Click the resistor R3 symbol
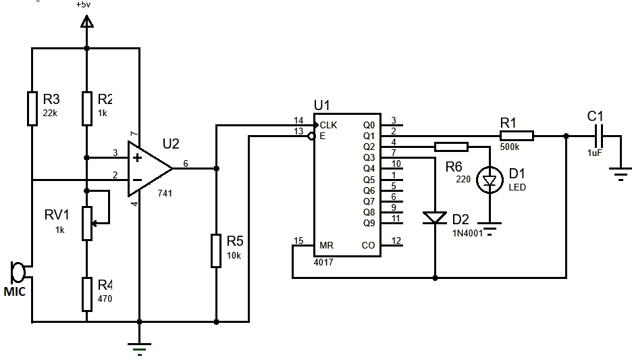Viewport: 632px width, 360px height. pyautogui.click(x=32, y=109)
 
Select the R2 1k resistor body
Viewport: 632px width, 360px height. pyautogui.click(x=86, y=109)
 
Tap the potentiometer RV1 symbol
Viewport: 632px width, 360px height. pyautogui.click(x=87, y=224)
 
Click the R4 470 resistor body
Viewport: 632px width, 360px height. pyautogui.click(x=86, y=294)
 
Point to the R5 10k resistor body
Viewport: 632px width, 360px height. pyautogui.click(x=215, y=251)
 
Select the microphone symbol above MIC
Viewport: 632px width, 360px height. pyautogui.click(x=18, y=272)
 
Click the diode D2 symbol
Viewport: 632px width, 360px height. pyautogui.click(x=434, y=217)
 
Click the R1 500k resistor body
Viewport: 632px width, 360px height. pyautogui.click(x=517, y=136)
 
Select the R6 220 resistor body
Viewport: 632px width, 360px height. pyautogui.click(x=451, y=147)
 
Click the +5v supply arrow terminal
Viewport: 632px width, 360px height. pyautogui.click(x=86, y=23)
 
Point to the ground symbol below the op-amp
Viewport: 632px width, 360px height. pyautogui.click(x=139, y=349)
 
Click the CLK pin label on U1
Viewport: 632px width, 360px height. pyautogui.click(x=329, y=125)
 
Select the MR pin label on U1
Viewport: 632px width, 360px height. pyautogui.click(x=326, y=245)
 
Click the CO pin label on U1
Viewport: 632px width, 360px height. pyautogui.click(x=369, y=245)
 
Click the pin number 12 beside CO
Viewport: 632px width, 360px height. pyautogui.click(x=396, y=240)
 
